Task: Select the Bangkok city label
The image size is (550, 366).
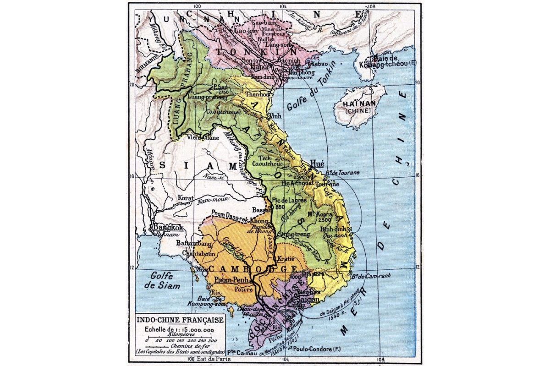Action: point(168,227)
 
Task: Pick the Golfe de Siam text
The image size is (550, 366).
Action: point(165,280)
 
